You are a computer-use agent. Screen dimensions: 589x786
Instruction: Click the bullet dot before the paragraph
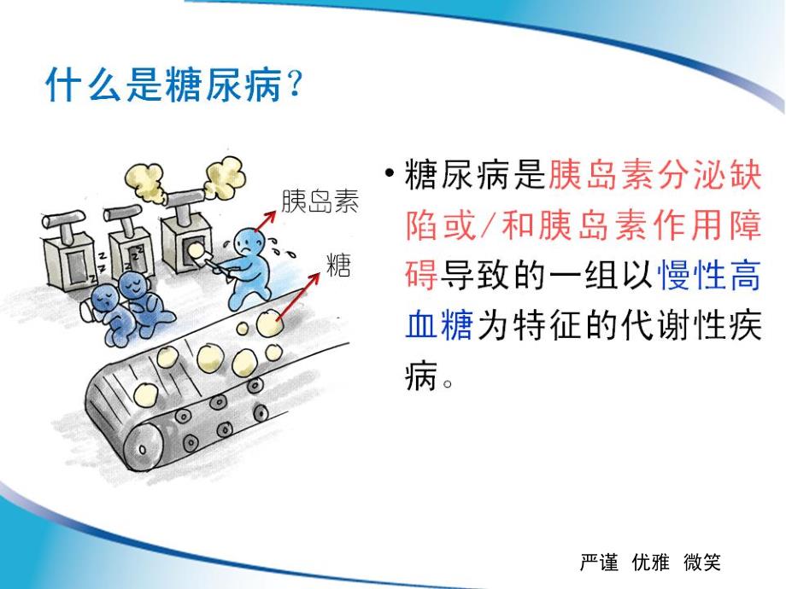tap(390, 175)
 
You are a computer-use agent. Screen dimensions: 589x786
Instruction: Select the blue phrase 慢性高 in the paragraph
tap(709, 275)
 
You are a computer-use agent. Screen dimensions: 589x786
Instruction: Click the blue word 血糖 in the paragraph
tap(438, 325)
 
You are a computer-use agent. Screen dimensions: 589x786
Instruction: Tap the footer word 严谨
tap(599, 562)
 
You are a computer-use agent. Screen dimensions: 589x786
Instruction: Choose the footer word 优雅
tap(651, 562)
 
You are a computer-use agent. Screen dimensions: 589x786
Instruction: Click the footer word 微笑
tap(702, 562)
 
